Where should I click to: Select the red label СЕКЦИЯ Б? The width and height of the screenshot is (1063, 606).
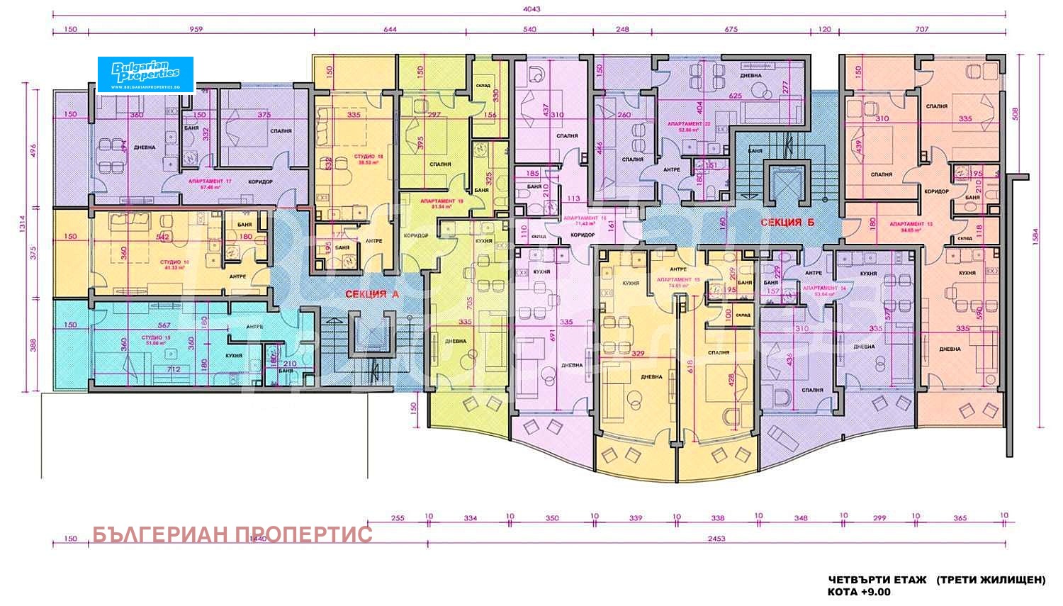click(787, 222)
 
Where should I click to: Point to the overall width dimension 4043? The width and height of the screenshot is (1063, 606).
click(530, 9)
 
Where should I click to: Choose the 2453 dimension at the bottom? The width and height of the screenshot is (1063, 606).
click(716, 539)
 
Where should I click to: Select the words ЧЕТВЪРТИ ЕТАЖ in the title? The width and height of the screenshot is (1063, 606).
click(877, 579)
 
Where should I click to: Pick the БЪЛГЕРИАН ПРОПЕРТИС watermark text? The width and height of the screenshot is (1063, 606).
click(232, 534)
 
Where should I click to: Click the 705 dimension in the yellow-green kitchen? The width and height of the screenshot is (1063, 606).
click(468, 301)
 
